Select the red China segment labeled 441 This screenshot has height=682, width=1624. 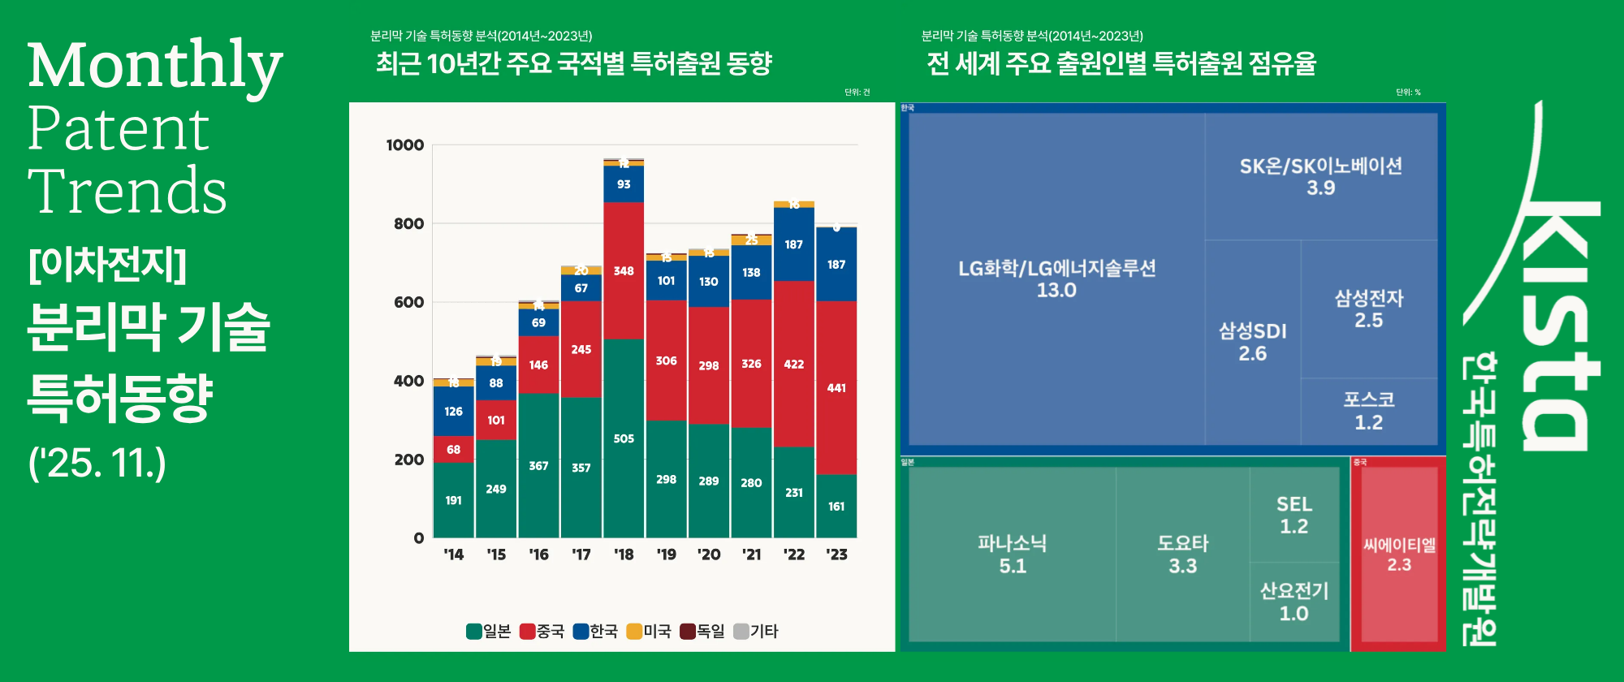(x=836, y=388)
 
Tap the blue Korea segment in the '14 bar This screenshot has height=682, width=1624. (x=453, y=411)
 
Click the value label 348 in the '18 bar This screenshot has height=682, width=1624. (x=624, y=270)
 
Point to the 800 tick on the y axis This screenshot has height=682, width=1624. (x=408, y=223)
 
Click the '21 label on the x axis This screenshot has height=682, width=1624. (x=751, y=555)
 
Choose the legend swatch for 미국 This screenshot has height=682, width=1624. (x=634, y=632)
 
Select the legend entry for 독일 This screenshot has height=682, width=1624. (x=702, y=632)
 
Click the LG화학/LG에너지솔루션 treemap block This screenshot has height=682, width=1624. (x=1056, y=278)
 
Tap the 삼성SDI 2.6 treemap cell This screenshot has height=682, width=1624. (x=1252, y=342)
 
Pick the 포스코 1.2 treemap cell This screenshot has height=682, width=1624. (x=1368, y=411)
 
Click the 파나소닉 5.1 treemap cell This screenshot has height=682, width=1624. (x=1012, y=554)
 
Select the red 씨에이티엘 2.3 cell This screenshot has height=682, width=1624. (x=1398, y=554)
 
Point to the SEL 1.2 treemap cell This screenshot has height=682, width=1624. (x=1294, y=515)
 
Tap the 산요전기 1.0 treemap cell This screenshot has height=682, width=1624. (x=1294, y=602)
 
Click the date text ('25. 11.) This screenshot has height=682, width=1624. (x=97, y=464)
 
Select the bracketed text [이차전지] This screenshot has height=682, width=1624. (x=107, y=264)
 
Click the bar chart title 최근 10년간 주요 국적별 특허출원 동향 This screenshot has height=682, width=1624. (x=573, y=63)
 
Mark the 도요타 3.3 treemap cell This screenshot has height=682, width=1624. (x=1182, y=554)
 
